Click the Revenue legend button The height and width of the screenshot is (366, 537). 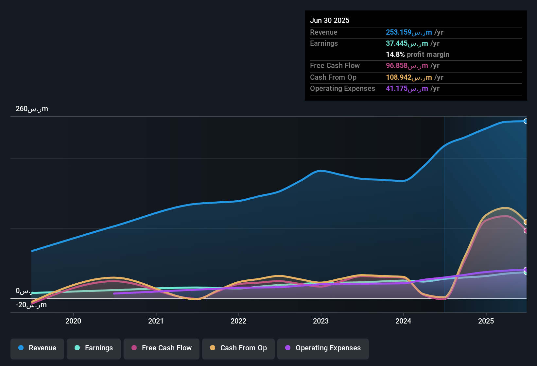pos(37,348)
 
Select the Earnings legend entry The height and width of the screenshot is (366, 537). pos(94,348)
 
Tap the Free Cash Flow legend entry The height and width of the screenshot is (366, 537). pos(162,348)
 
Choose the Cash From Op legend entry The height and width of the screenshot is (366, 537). pos(238,348)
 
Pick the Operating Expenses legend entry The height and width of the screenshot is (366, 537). pos(323,348)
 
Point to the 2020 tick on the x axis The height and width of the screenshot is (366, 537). pos(73,321)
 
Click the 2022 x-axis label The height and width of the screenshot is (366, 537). pos(238,321)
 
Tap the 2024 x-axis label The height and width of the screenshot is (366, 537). pos(403,321)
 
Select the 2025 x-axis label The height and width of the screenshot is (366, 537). pos(486,321)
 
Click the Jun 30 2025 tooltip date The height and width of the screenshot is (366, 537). pos(330,21)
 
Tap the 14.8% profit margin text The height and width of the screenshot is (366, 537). pos(417,55)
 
